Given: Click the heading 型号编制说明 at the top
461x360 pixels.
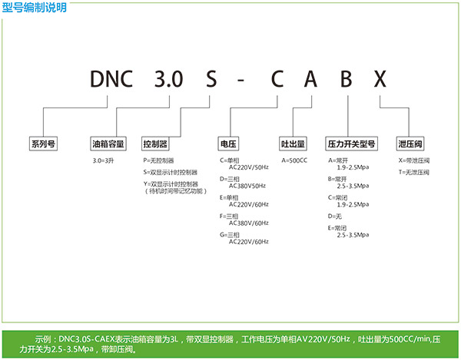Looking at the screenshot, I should pos(35,8).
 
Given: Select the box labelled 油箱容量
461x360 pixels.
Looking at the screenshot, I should pos(107,144).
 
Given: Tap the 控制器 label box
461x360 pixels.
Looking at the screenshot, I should pos(155,144).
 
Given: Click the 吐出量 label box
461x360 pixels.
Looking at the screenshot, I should pos(294,144).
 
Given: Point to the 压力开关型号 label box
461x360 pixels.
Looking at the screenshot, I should pos(351,144).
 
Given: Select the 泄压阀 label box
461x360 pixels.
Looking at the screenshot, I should pos(410,144).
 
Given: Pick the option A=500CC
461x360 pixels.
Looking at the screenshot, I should pos(296,160).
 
